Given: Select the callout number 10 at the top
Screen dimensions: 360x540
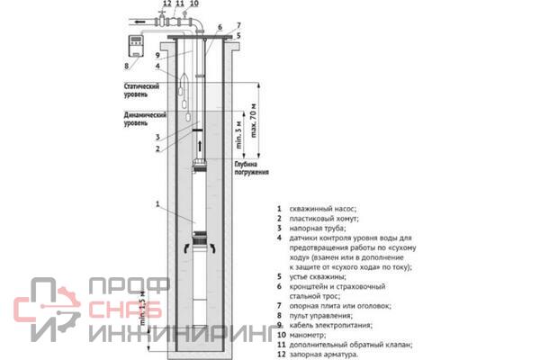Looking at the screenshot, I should click(194, 4).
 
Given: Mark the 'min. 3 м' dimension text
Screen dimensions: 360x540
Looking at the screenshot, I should click(238, 134).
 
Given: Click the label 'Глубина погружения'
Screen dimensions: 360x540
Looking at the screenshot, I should click(248, 169).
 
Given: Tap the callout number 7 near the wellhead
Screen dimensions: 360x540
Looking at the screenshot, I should click(238, 25).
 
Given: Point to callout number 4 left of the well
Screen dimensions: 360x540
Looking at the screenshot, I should click(157, 66).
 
